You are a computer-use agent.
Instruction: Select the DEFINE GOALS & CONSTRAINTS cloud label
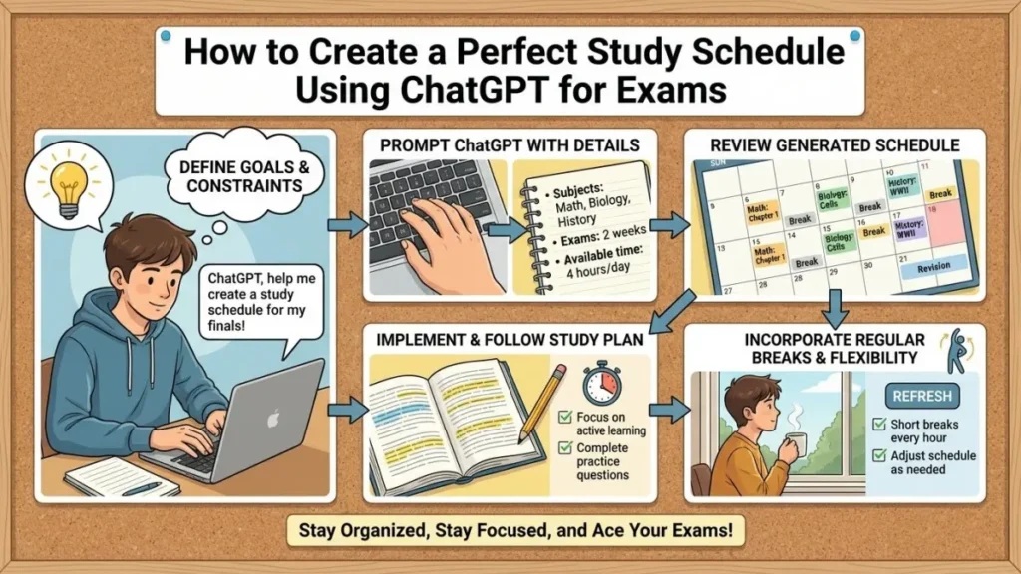click(237, 176)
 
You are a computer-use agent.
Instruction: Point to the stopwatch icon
click(601, 383)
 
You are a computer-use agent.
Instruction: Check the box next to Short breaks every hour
click(879, 424)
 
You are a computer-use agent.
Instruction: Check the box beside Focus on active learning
click(566, 415)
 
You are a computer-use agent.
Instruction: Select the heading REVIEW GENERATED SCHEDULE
click(834, 146)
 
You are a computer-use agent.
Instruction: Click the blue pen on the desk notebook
click(139, 488)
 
